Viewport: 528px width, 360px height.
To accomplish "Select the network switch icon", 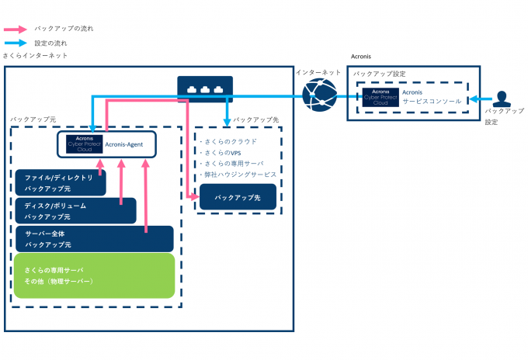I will [x=204, y=89].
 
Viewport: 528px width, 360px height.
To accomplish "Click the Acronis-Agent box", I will [x=107, y=144].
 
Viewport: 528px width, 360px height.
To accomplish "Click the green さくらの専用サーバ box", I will [x=93, y=275].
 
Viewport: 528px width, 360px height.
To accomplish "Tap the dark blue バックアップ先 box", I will [x=237, y=197].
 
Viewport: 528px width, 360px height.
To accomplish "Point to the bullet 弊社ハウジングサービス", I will [x=238, y=175].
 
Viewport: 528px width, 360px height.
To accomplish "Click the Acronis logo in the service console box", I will [x=380, y=97].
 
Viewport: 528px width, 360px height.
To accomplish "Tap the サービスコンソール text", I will [x=432, y=102].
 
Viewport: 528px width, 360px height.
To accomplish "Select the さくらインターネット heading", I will [x=36, y=56].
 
